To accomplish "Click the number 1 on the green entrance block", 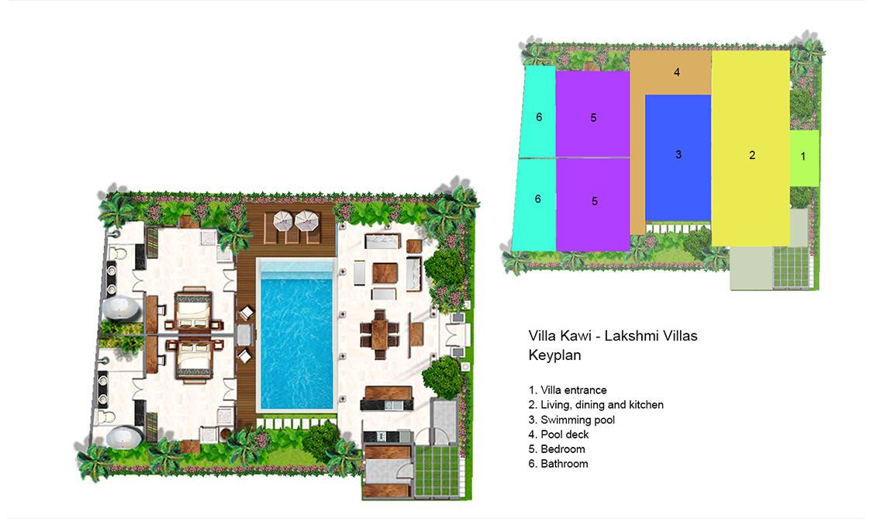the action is tap(803, 157).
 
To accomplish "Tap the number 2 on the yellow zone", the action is tap(752, 155).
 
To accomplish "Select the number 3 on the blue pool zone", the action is tap(678, 154).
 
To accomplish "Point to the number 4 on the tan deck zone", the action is tap(677, 72).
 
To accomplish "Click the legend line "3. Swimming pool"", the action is tap(571, 420).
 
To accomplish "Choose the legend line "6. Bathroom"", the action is tap(558, 464).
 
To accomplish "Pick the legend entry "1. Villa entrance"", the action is tap(568, 389).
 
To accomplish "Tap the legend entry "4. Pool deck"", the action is tap(559, 434).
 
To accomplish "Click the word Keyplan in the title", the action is tap(555, 355).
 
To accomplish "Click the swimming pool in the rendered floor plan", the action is tap(296, 335).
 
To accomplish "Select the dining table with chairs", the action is tap(380, 334).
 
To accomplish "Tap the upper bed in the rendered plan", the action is tap(193, 310).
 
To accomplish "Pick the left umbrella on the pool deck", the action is tap(284, 220).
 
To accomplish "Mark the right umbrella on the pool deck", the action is tap(306, 220).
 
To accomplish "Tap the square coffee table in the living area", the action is tap(385, 273).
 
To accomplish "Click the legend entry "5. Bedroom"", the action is tap(557, 449).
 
